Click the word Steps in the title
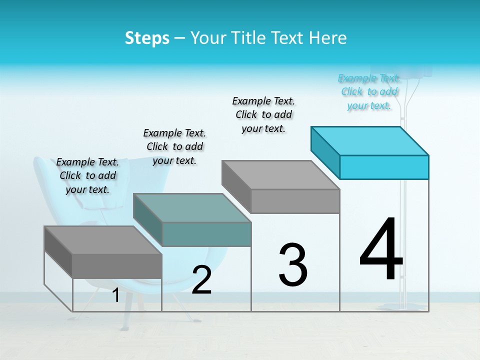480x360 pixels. coord(147,38)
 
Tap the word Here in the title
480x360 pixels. coord(328,38)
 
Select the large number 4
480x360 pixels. coord(381,249)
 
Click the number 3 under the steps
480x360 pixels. coord(293,264)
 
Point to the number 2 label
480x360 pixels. coord(201,280)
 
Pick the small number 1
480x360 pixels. coord(115,295)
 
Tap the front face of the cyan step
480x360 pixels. coord(384,167)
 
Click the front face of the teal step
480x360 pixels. coord(206,234)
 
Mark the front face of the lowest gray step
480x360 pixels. coord(117,266)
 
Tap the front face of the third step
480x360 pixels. coord(295,201)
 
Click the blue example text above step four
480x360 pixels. coord(369,92)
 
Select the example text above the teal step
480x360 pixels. coord(174,146)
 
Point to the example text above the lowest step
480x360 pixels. coord(87,175)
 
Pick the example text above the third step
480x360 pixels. coord(263,114)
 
